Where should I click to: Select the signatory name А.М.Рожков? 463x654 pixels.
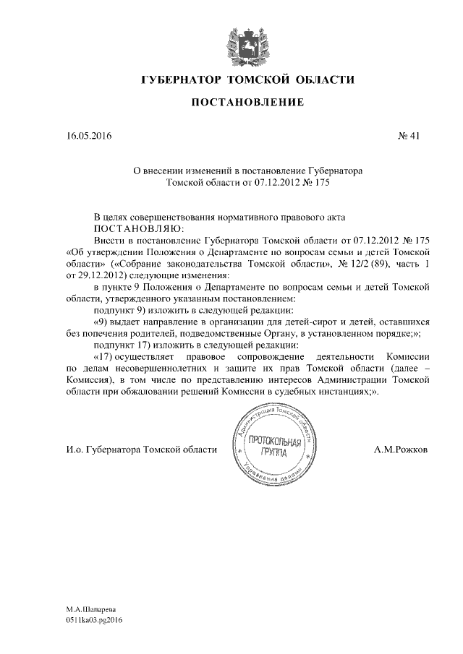(x=401, y=449)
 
